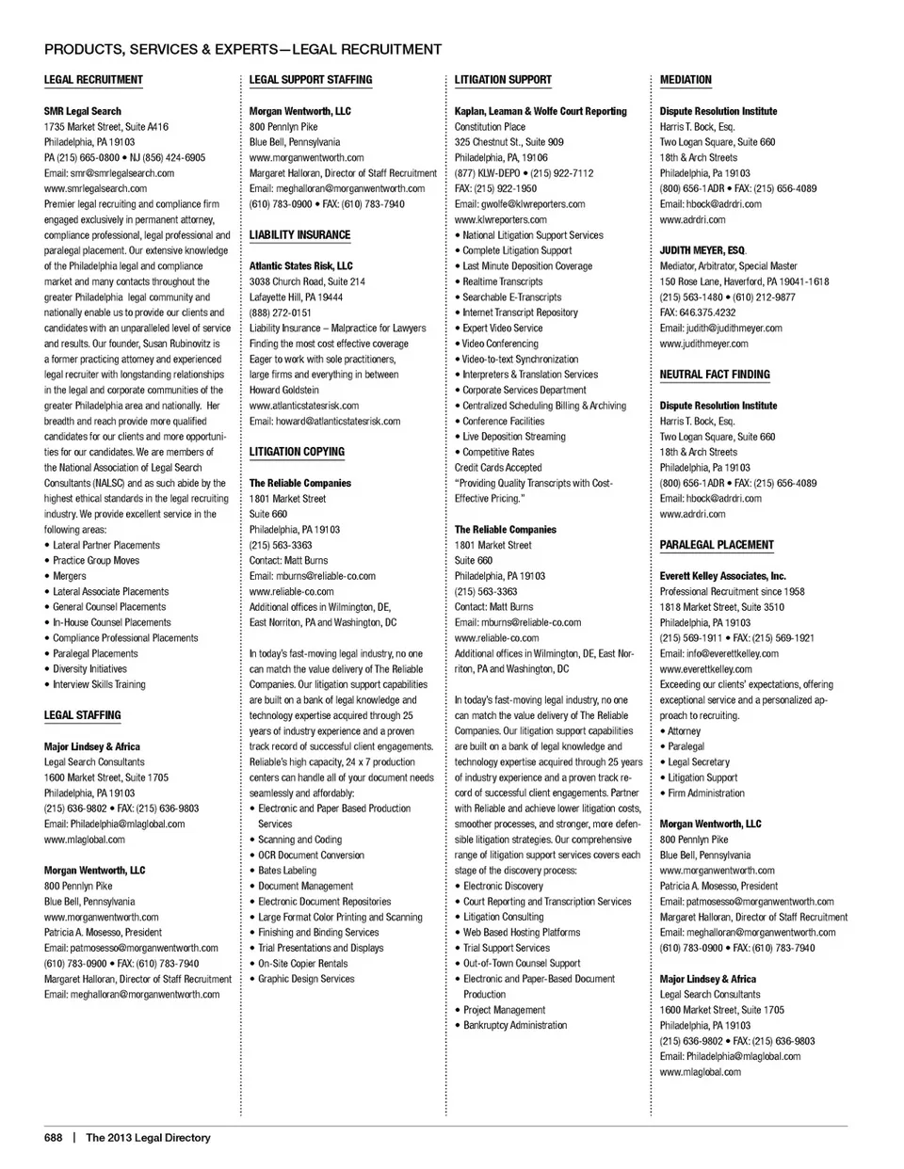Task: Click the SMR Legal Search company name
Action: tap(83, 111)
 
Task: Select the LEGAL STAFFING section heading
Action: tap(83, 715)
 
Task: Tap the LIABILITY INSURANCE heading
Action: tap(299, 235)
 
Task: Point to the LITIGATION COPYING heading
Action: tap(297, 452)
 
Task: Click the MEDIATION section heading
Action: tap(686, 80)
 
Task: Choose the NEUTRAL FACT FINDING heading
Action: tap(715, 375)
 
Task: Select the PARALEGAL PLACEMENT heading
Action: tap(717, 545)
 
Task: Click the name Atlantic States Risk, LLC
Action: tap(301, 266)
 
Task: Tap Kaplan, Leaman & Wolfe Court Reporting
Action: tap(541, 111)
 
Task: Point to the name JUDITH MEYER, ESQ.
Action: tap(702, 251)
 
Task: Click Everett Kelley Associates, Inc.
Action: tap(723, 576)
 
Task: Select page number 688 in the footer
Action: tap(53, 1138)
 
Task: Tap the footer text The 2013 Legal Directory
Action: tap(149, 1138)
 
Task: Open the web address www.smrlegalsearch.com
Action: tap(95, 188)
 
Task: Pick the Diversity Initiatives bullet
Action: tap(89, 669)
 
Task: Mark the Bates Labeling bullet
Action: tap(287, 871)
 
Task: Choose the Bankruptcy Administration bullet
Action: tap(515, 1025)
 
